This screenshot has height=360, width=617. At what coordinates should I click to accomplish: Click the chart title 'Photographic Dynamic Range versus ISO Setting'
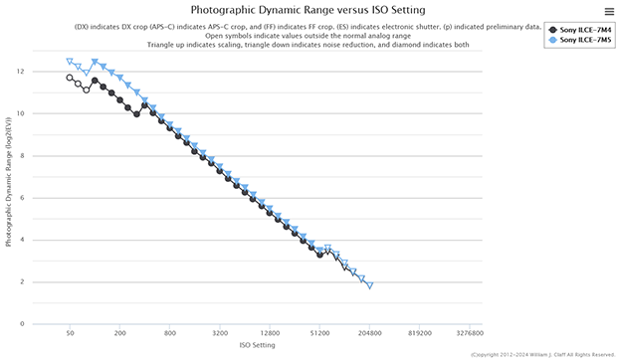pos(308,10)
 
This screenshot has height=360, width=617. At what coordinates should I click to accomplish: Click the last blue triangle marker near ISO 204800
pos(370,285)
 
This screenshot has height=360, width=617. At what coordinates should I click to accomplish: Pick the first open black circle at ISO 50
pos(70,78)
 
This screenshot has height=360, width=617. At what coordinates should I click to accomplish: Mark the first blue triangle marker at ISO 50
pos(70,62)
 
